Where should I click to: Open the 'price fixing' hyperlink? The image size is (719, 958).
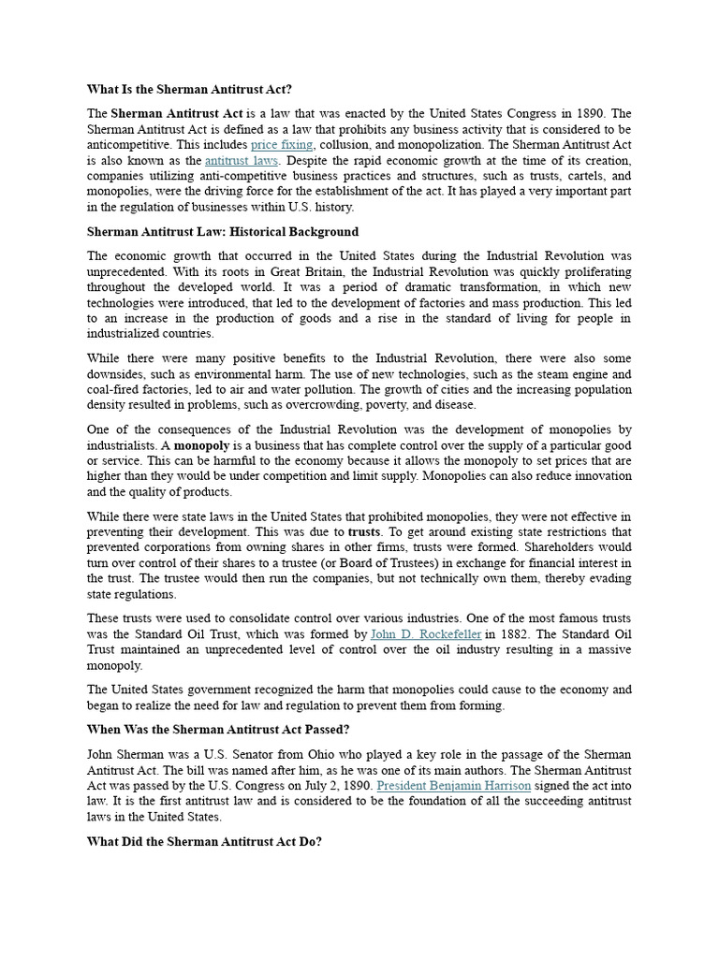pos(282,145)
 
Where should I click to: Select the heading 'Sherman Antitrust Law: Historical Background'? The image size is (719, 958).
pos(223,231)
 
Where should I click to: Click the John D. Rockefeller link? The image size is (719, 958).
pos(426,634)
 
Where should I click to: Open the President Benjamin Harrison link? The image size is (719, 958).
pos(453,786)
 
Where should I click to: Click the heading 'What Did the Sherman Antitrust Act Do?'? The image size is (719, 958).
pos(204,841)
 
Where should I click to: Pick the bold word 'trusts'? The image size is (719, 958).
pos(364,531)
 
